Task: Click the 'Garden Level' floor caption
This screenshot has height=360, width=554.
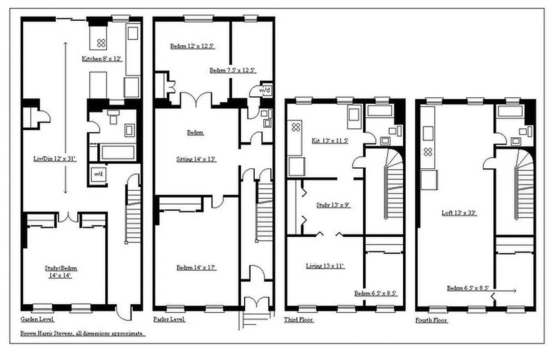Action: [37, 319]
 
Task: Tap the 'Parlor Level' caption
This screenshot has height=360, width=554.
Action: [169, 319]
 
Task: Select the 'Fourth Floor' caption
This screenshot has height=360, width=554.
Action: [432, 321]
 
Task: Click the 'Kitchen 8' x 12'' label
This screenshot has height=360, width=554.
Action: [102, 58]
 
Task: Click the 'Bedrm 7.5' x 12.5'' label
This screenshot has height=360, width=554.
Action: [233, 70]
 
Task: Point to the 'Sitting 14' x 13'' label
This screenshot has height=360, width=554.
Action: [195, 159]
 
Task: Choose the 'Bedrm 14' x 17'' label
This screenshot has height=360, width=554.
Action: [196, 268]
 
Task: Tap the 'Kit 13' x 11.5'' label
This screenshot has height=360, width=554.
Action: [330, 140]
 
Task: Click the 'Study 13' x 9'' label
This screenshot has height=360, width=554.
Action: [333, 205]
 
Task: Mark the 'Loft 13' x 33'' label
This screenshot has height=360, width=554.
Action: [459, 213]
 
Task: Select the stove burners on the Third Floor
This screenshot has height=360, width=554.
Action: [296, 127]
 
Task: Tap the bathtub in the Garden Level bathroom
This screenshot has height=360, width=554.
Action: [116, 152]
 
